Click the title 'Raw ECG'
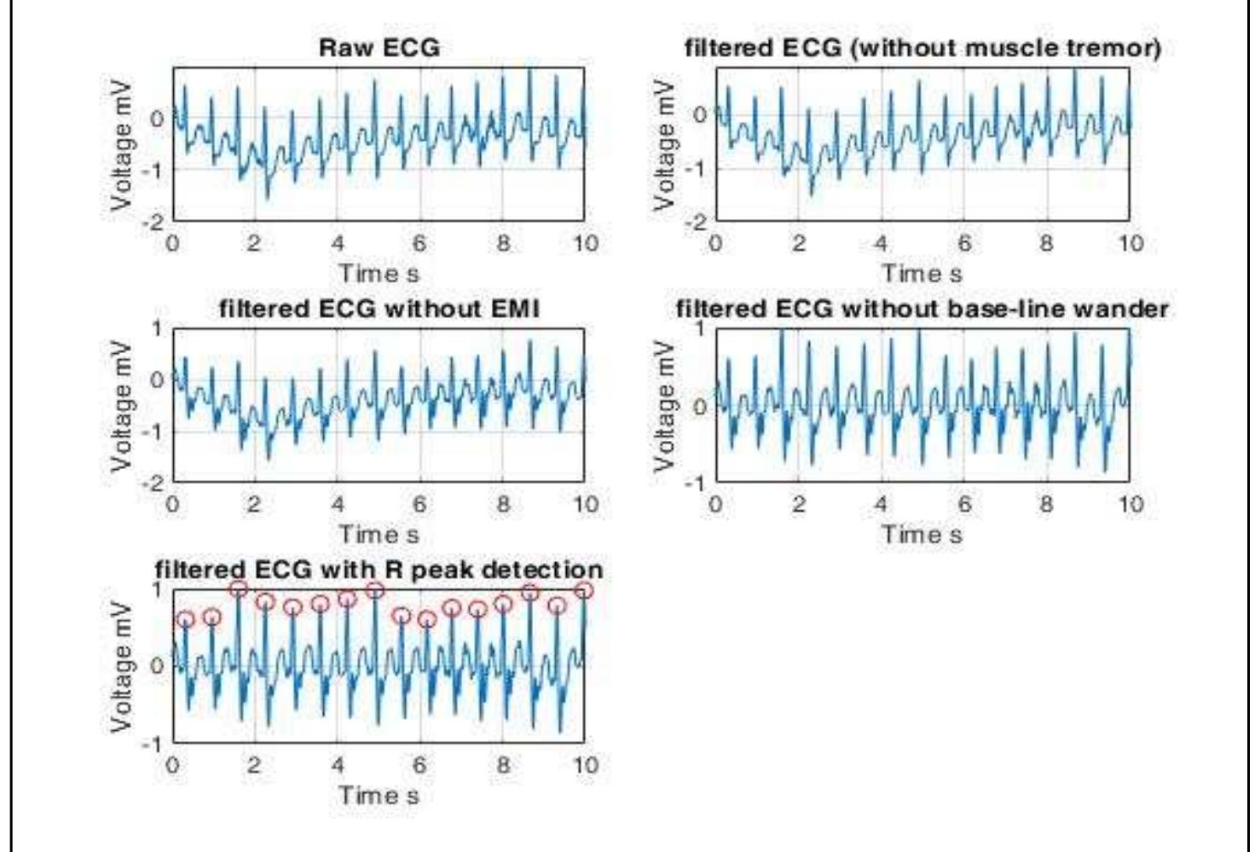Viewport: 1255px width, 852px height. pyautogui.click(x=379, y=48)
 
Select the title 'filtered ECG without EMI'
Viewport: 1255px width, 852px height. pyautogui.click(x=379, y=309)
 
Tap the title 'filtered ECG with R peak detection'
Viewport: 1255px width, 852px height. pyautogui.click(x=379, y=570)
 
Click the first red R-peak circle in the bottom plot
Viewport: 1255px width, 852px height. pyautogui.click(x=185, y=620)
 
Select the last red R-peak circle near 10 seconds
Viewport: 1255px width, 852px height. pyautogui.click(x=584, y=590)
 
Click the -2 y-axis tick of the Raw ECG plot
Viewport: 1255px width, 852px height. pyautogui.click(x=156, y=222)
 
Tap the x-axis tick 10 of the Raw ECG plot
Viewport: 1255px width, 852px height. pyautogui.click(x=585, y=244)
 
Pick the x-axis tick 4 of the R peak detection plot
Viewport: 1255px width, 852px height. pyautogui.click(x=338, y=765)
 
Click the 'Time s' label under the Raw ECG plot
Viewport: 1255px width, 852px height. pyautogui.click(x=379, y=274)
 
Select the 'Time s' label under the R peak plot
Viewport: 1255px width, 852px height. pyautogui.click(x=379, y=796)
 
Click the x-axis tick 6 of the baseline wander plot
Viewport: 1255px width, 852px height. pyautogui.click(x=963, y=505)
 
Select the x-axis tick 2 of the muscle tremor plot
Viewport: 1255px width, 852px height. pyautogui.click(x=798, y=244)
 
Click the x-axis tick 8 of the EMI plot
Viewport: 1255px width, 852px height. pyautogui.click(x=503, y=505)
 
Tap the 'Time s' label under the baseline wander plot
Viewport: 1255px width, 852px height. pyautogui.click(x=922, y=535)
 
